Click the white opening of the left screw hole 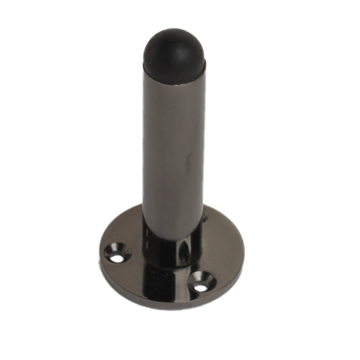[x=115, y=258]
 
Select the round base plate [x=223, y=252]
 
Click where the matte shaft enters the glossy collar [x=172, y=236]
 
